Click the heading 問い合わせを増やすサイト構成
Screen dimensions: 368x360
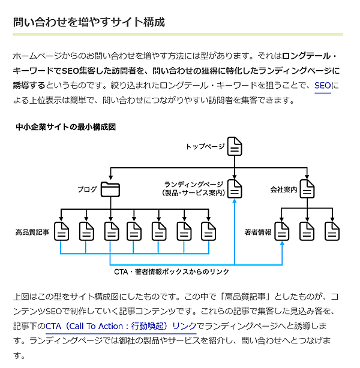(x=89, y=23)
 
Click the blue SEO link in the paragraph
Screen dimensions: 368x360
(x=322, y=86)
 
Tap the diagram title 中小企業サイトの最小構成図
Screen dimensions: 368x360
(x=65, y=127)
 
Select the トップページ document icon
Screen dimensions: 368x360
(x=235, y=146)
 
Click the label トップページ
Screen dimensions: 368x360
(x=205, y=147)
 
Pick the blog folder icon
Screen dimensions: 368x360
(x=110, y=189)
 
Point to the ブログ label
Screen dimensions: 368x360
(x=87, y=190)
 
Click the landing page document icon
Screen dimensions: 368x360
(x=235, y=189)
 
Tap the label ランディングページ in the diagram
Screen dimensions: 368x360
(x=193, y=185)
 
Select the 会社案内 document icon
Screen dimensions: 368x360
(x=307, y=189)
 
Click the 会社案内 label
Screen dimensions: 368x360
(x=284, y=190)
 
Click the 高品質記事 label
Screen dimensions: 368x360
(x=32, y=231)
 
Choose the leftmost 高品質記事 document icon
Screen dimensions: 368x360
(x=62, y=231)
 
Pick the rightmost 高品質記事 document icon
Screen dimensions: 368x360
(x=208, y=231)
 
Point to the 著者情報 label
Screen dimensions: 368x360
(x=258, y=231)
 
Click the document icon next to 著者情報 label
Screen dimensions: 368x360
(x=282, y=231)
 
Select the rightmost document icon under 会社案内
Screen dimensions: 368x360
(x=332, y=231)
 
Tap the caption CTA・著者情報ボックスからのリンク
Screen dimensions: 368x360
(x=172, y=272)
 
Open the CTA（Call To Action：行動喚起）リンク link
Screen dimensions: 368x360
(x=121, y=327)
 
